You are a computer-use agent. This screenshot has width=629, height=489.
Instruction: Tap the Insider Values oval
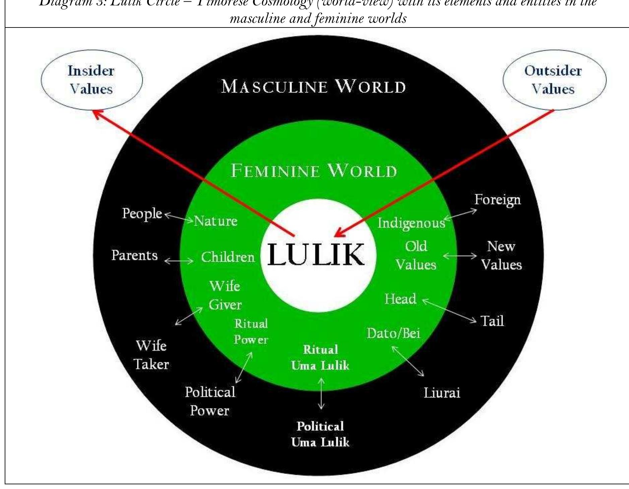point(91,80)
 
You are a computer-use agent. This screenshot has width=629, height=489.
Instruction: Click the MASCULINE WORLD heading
point(313,86)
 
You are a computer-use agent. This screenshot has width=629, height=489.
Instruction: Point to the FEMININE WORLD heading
point(314,171)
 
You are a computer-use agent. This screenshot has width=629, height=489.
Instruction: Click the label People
point(142,213)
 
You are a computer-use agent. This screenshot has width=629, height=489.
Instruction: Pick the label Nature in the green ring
point(216,221)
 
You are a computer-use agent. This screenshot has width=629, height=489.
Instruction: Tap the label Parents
point(134,255)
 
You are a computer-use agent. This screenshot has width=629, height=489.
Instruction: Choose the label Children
point(228,257)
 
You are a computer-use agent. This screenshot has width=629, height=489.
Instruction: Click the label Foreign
point(497,200)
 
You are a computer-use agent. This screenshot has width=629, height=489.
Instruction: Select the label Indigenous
point(411,223)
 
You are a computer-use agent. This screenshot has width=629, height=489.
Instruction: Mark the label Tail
point(492,321)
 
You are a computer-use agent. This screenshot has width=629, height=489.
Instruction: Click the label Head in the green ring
point(400,299)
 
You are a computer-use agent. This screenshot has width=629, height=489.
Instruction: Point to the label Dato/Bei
point(393,333)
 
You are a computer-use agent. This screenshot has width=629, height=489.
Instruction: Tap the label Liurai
point(442,393)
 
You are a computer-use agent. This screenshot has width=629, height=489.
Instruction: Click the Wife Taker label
point(151,355)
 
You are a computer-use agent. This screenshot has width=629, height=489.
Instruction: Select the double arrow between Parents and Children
point(179,260)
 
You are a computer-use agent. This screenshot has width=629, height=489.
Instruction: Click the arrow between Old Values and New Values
point(460,256)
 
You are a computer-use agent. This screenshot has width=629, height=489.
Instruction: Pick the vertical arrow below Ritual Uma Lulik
point(321,394)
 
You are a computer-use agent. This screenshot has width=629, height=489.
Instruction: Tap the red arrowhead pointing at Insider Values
point(97,114)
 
